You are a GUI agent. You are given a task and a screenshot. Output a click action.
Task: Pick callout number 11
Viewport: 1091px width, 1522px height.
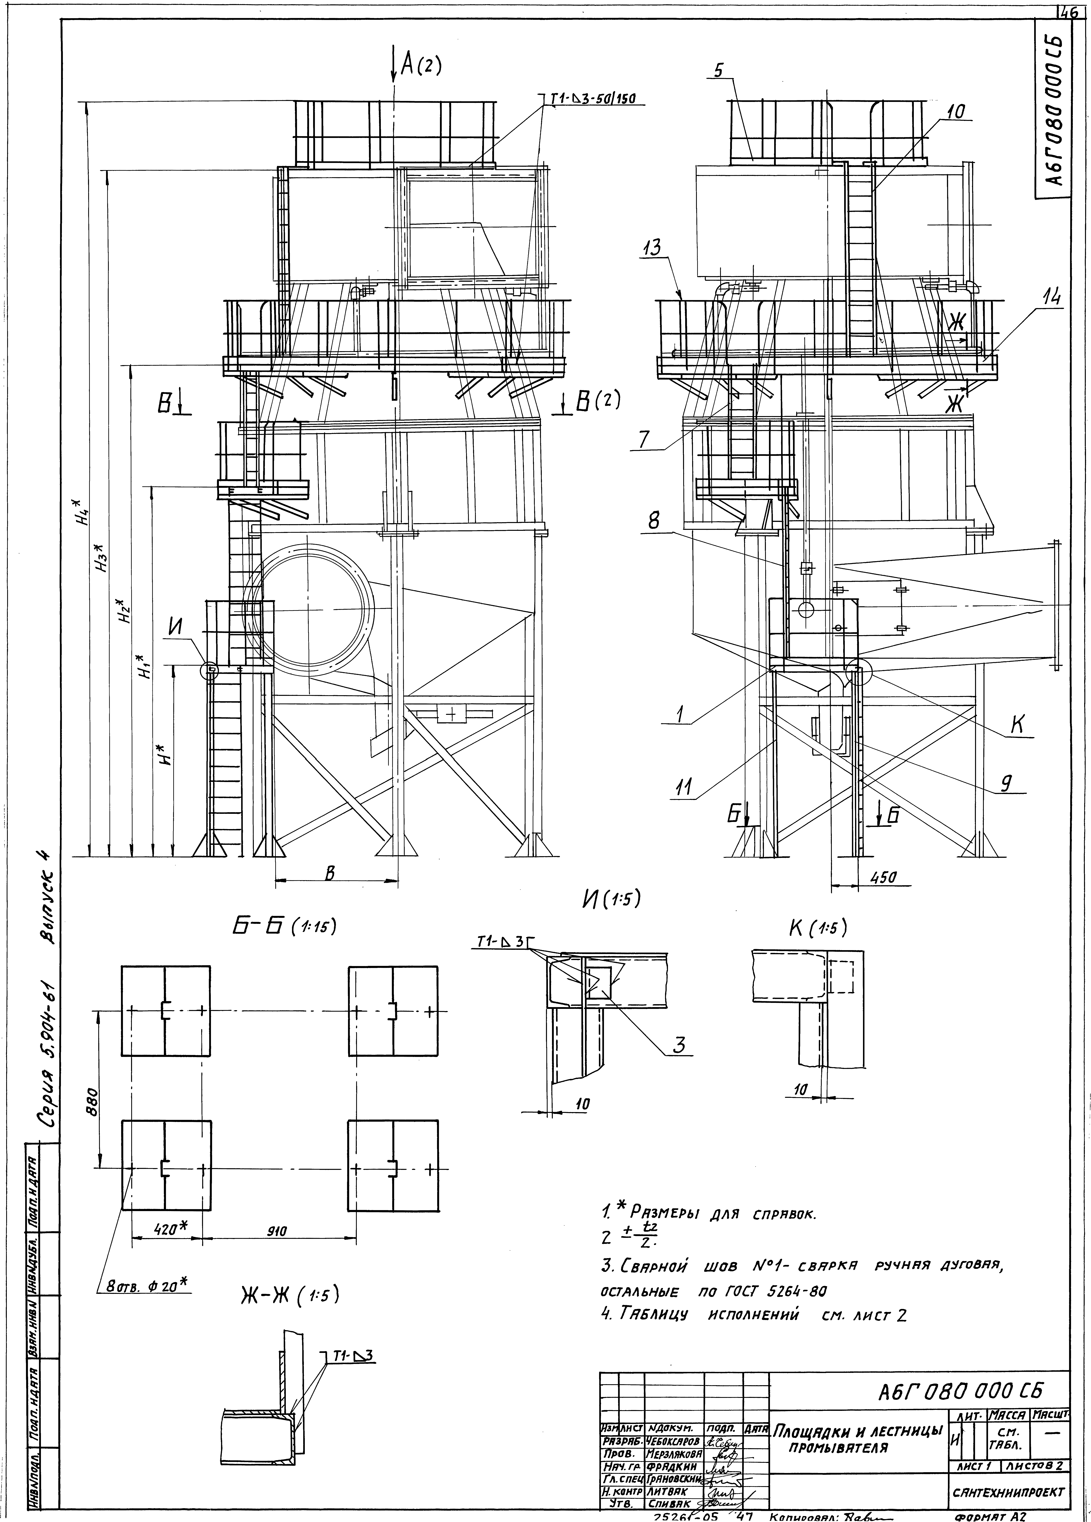[x=684, y=790]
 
